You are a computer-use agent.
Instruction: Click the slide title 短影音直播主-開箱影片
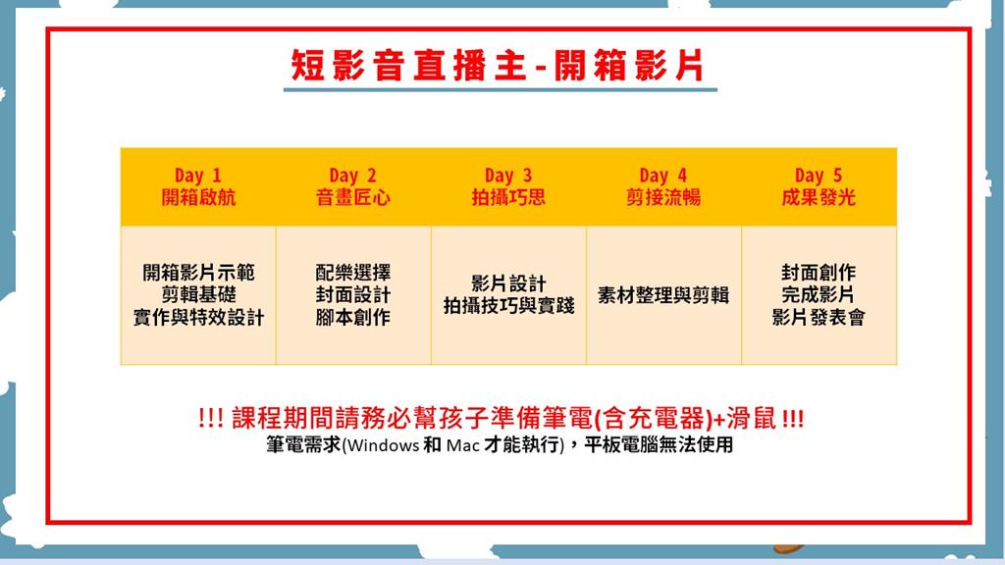tap(498, 66)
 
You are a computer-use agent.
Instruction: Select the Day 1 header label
tap(198, 176)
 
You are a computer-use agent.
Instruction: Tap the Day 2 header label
tap(352, 176)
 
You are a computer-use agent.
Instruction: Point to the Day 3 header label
tap(508, 176)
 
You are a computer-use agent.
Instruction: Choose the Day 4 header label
tap(662, 176)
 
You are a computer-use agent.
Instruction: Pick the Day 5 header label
tap(819, 176)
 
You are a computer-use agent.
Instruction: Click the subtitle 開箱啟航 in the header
tap(198, 197)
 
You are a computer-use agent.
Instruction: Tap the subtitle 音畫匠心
tap(352, 197)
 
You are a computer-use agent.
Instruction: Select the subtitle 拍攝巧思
tap(508, 197)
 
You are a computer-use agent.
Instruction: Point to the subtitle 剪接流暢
tap(662, 197)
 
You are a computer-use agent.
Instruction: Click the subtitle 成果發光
tap(819, 197)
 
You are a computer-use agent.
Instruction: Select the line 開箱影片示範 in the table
tap(198, 273)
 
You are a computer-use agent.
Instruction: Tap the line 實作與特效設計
tap(198, 317)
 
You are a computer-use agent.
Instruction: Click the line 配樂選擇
tap(353, 273)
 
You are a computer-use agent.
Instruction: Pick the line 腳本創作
tap(353, 317)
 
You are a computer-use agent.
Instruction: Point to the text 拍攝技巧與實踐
tap(508, 306)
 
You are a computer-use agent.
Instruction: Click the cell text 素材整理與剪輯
tap(663, 294)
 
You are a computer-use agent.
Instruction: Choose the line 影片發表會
tap(819, 317)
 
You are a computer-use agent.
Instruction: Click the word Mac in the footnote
tap(463, 445)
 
